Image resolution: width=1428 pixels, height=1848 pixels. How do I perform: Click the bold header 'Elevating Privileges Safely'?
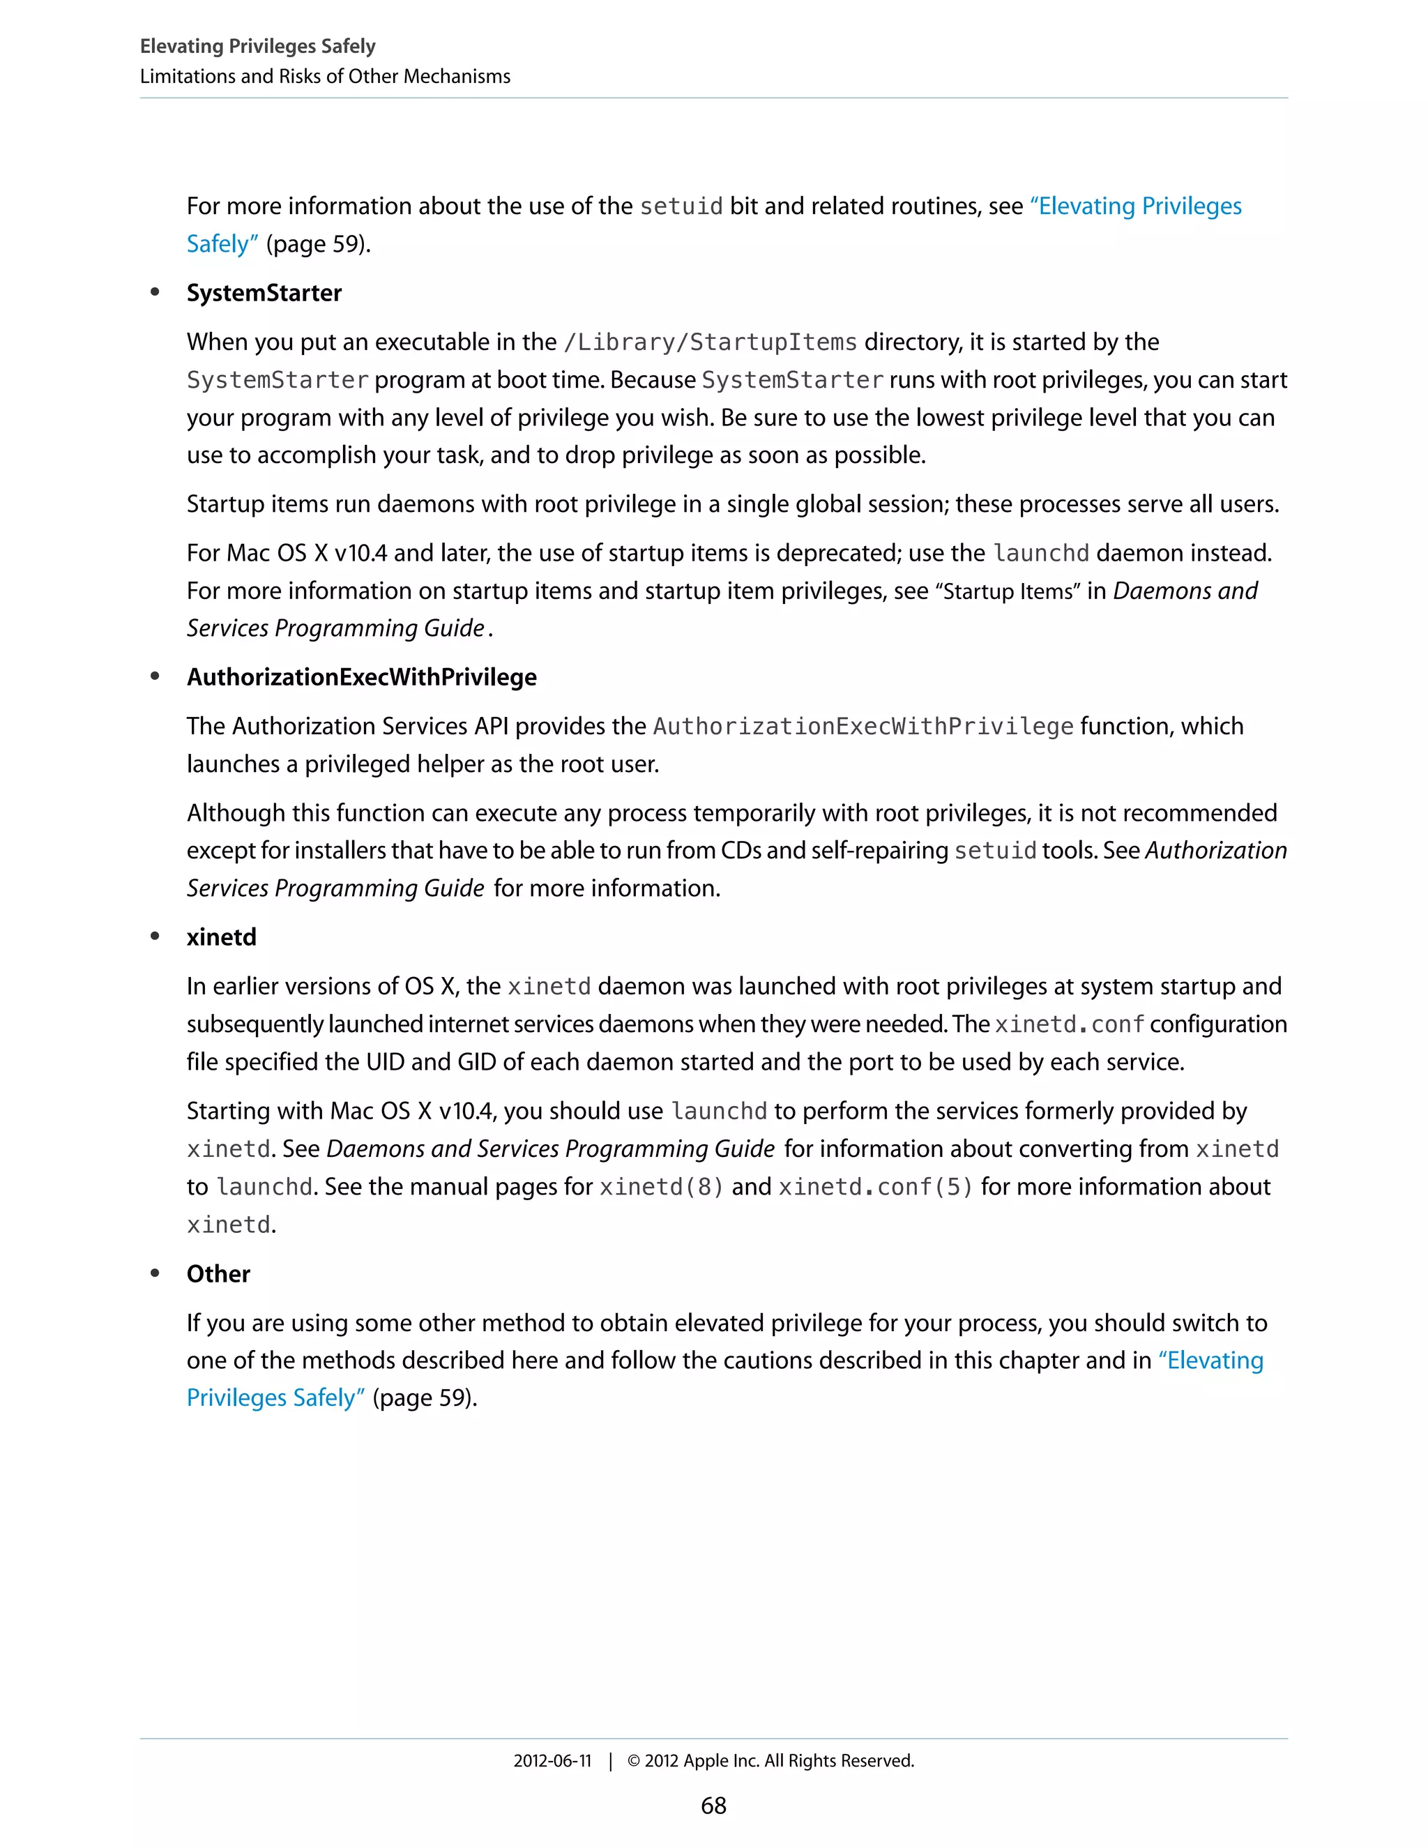[257, 46]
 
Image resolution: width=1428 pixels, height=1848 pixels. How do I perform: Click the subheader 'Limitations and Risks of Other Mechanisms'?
[325, 76]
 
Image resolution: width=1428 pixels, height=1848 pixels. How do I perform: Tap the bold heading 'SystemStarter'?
[264, 293]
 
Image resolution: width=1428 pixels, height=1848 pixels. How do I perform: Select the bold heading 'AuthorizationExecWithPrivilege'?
[361, 677]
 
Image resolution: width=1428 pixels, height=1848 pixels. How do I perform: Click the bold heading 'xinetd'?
[221, 937]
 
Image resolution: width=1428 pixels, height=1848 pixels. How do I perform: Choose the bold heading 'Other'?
[218, 1273]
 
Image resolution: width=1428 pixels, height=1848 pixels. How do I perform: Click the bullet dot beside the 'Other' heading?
[155, 1273]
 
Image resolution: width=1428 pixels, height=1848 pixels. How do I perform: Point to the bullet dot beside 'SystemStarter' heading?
[155, 292]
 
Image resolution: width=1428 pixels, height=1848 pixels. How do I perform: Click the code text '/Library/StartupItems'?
[710, 342]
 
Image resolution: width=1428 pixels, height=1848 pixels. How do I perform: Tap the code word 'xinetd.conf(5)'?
[876, 1186]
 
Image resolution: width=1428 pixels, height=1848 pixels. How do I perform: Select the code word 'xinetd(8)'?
[662, 1186]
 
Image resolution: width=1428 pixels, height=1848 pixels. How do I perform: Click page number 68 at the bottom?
[713, 1805]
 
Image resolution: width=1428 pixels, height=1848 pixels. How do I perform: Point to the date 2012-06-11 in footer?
[552, 1761]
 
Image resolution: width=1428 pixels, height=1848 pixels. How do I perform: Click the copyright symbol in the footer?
[633, 1761]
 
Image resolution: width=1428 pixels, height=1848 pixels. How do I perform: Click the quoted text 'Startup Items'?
[1007, 591]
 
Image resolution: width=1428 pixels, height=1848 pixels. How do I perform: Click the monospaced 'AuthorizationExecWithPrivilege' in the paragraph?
[863, 726]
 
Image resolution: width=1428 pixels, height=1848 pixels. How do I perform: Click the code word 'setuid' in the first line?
[681, 206]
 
